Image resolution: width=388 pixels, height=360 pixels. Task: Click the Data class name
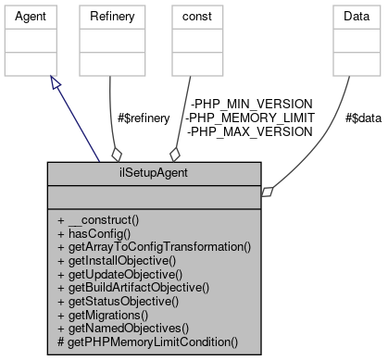(346, 17)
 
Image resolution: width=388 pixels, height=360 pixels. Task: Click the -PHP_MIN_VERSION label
(249, 104)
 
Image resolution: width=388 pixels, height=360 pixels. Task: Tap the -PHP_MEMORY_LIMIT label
(249, 118)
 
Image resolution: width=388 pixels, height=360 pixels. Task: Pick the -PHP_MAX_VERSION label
(249, 131)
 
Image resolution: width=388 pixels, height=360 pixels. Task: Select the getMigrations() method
(112, 315)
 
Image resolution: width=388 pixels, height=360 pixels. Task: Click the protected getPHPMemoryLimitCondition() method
(147, 341)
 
